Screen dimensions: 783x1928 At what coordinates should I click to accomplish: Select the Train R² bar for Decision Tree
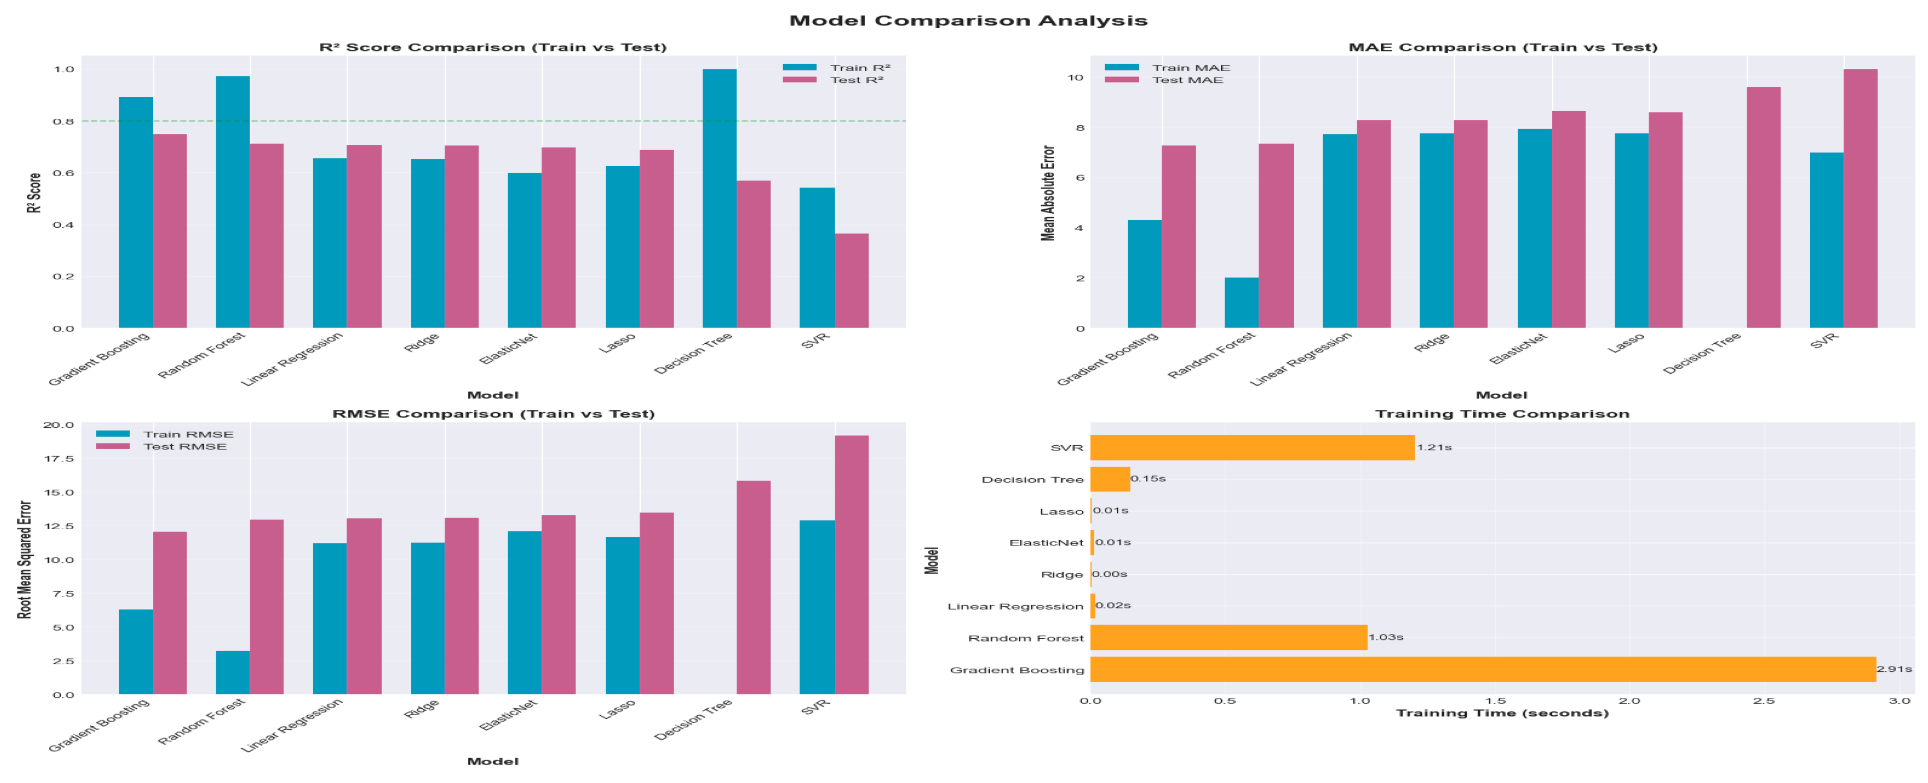click(x=719, y=198)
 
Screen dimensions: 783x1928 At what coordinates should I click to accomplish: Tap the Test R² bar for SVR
click(x=851, y=281)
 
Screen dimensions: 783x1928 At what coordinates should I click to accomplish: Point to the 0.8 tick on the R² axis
click(x=63, y=121)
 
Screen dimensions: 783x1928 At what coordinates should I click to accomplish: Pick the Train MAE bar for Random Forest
click(x=1241, y=303)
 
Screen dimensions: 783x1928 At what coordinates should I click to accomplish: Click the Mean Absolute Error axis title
click(x=1048, y=193)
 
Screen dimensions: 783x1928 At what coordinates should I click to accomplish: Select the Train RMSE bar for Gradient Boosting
click(x=136, y=651)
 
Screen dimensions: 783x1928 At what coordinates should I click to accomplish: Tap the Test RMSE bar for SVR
click(x=851, y=564)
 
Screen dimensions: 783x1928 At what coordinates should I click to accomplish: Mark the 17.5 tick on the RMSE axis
click(x=59, y=459)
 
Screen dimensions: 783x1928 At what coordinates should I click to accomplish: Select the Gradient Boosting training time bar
click(x=1482, y=669)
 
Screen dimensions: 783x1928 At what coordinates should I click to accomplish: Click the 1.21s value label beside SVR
click(x=1433, y=448)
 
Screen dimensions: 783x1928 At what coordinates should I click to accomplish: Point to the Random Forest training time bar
click(x=1228, y=638)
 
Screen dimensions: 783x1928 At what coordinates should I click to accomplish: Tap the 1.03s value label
click(x=1385, y=638)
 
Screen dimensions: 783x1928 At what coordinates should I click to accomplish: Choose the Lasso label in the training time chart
click(x=1061, y=512)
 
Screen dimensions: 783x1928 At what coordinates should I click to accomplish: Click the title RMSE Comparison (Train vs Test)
click(x=493, y=414)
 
